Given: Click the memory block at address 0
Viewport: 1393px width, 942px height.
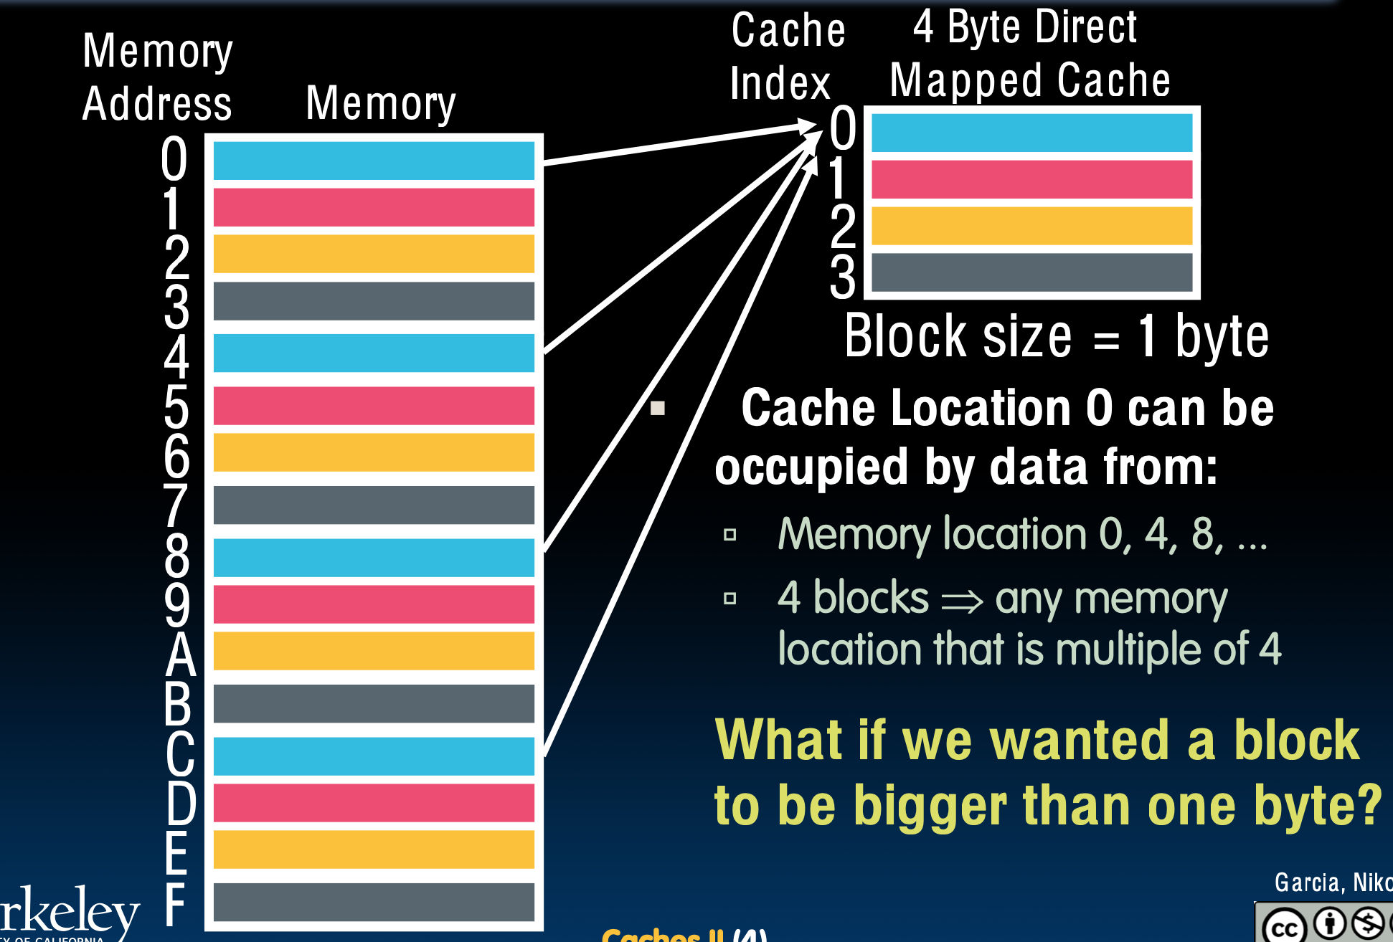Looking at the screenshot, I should point(374,161).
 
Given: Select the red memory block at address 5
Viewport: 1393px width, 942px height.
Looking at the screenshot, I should point(374,406).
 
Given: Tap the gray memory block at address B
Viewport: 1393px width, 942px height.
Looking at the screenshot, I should point(374,703).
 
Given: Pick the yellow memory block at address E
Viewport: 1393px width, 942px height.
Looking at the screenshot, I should point(374,849).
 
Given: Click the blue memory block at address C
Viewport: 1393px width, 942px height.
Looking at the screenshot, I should point(374,756).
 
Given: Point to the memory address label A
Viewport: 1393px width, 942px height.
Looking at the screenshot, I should point(180,654).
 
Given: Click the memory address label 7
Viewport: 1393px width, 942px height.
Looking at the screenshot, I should point(176,506).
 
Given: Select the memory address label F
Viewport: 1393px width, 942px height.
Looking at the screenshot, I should point(175,904).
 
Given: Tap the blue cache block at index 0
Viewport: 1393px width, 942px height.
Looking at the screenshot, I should point(1031,133).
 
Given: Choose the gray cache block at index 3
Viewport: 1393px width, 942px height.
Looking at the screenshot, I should point(1031,272).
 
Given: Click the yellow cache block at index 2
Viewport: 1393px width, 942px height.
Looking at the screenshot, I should point(1031,226).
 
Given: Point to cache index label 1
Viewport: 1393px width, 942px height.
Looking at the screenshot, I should point(838,178).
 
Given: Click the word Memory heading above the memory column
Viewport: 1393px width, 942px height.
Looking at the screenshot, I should point(380,104).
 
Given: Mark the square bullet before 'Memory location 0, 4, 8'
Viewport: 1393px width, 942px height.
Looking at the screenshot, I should point(730,535).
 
